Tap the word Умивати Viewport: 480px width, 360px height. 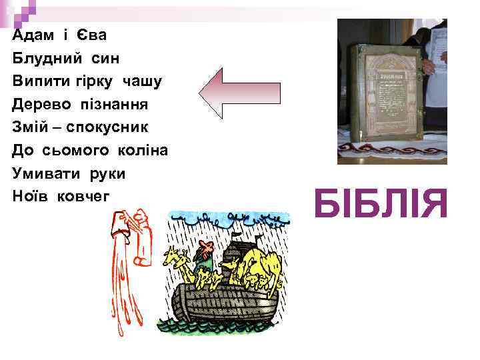44,173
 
